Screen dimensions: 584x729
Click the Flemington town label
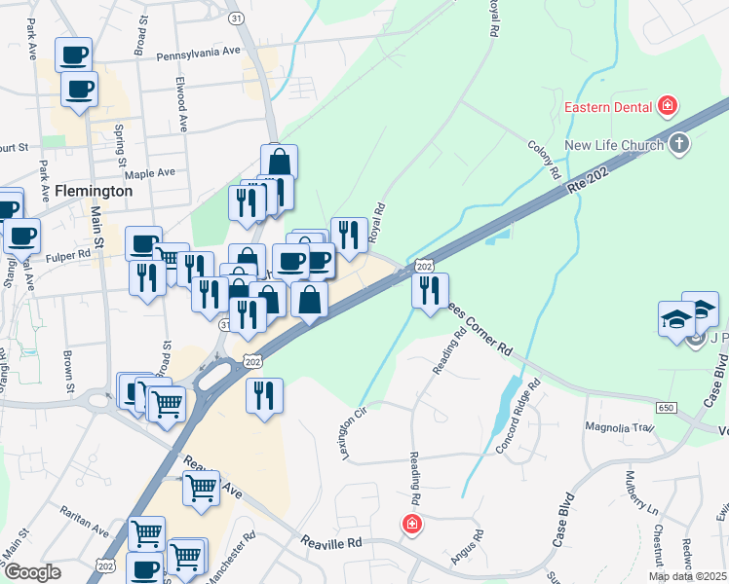point(94,191)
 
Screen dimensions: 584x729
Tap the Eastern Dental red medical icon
point(668,105)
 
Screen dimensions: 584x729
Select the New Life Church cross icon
point(679,145)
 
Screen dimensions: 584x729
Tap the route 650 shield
point(667,407)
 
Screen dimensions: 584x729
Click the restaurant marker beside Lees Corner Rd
point(429,290)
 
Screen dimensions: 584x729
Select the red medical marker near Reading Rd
point(412,525)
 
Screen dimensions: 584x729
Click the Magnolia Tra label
point(617,427)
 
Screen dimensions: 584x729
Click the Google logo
point(33,572)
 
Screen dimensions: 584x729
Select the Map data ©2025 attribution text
point(686,576)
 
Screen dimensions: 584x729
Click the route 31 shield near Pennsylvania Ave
point(262,18)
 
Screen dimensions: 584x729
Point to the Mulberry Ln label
point(640,497)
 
